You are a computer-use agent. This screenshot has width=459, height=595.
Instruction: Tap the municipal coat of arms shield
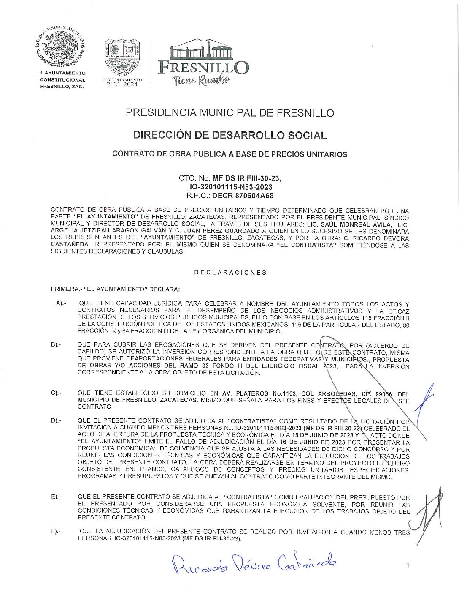(x=122, y=57)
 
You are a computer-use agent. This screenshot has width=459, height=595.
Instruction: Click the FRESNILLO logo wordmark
(x=203, y=67)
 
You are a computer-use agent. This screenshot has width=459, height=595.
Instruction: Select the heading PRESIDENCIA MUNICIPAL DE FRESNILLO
(x=230, y=113)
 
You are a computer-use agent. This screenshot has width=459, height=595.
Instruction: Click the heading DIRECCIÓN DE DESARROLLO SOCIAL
(x=230, y=135)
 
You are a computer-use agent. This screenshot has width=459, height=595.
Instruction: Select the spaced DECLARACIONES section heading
(x=230, y=273)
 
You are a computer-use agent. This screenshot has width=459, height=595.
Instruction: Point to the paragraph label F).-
(x=56, y=531)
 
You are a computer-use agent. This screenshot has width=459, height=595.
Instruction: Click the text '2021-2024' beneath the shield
(x=122, y=84)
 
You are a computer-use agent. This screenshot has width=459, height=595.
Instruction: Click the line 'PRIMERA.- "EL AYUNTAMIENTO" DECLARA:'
(x=115, y=289)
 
